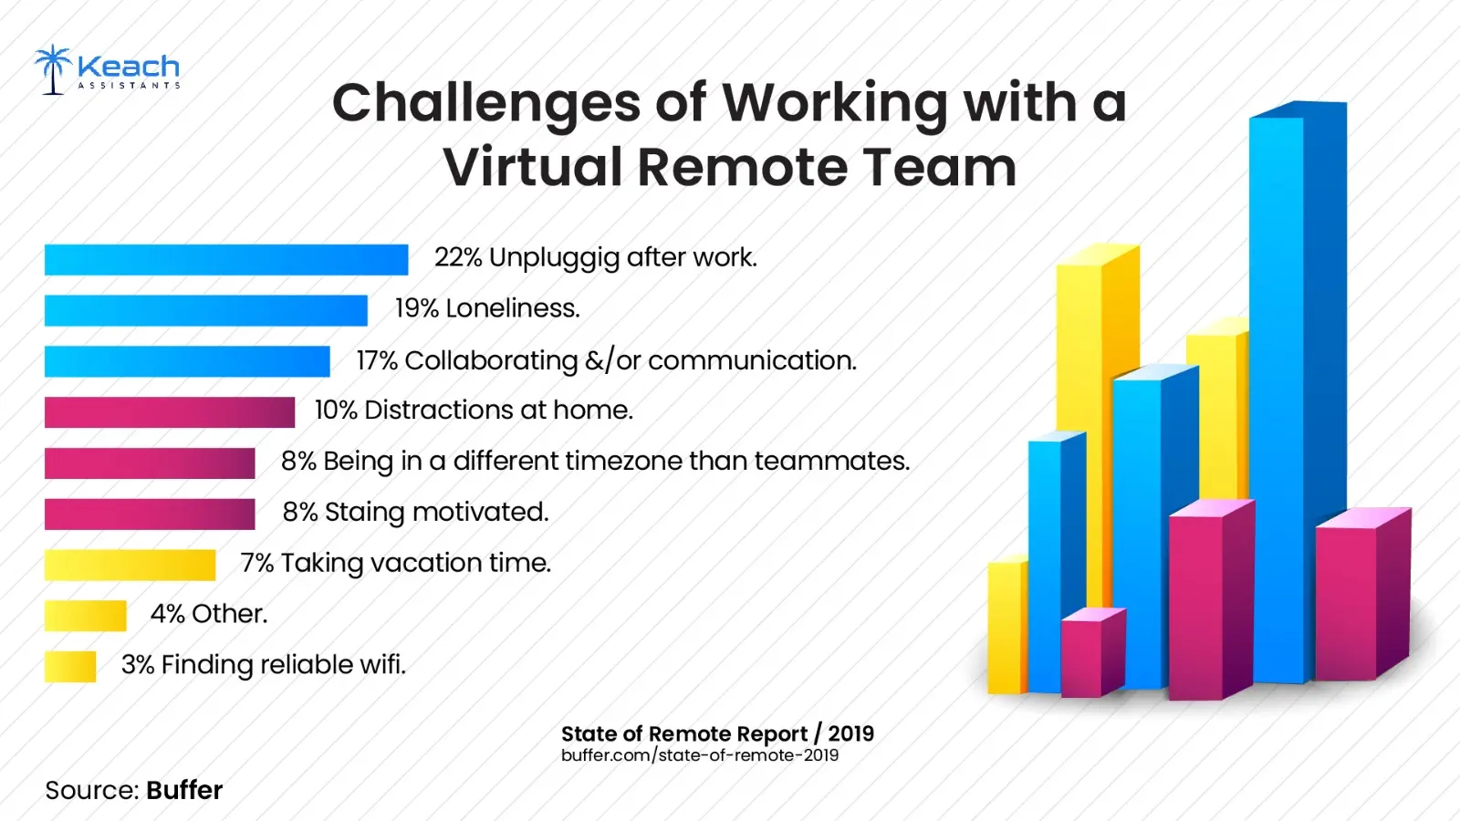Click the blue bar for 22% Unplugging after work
(225, 260)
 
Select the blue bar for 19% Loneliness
(205, 311)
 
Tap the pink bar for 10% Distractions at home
(169, 412)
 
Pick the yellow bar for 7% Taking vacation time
(130, 566)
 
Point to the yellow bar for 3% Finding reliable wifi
(69, 667)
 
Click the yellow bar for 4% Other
(85, 616)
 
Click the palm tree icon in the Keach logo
(53, 69)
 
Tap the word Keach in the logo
(129, 66)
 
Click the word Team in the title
(939, 167)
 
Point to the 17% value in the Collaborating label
(376, 361)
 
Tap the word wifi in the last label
(382, 665)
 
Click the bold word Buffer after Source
(183, 790)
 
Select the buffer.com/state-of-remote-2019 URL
(699, 755)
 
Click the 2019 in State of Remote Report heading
(850, 733)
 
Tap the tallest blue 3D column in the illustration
(1296, 392)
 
